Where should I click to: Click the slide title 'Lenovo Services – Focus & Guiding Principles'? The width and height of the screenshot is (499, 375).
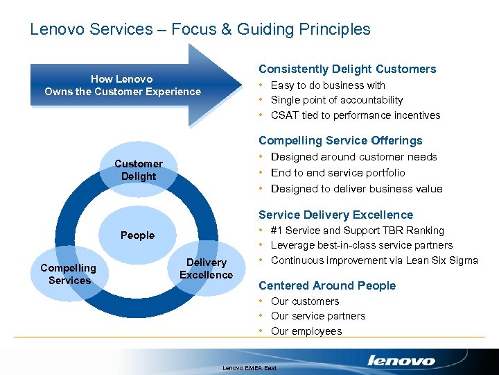coord(200,29)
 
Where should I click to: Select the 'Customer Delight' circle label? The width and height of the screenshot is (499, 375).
coord(139,170)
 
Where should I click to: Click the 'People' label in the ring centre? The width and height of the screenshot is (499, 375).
coord(137,235)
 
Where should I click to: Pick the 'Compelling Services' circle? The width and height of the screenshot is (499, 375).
coord(69,274)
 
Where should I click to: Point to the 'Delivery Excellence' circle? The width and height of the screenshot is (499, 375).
coord(206,268)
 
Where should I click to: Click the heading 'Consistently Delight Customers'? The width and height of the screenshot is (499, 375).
coord(347,69)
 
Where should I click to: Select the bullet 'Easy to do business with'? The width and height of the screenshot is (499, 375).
coord(328,85)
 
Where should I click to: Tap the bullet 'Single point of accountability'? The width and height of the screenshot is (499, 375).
coord(337,100)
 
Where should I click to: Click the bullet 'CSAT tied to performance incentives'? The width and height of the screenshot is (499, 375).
coord(356,115)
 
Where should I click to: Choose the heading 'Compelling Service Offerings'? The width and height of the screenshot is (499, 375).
coord(340,140)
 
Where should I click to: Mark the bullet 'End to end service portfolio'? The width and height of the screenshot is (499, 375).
coord(338,172)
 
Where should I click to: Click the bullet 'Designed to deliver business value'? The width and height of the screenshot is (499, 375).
coord(356,188)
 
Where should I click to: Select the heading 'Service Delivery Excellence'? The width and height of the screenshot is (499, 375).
coord(335,215)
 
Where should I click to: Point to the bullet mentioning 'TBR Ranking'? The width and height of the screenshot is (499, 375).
coord(358,231)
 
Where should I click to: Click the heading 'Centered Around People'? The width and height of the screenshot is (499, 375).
coord(327,285)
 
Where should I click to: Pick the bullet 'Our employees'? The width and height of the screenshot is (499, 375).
coord(306,331)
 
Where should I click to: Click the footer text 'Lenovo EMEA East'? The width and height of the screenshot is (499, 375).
coord(249,367)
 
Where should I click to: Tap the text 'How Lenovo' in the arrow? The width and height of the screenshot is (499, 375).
coord(122,78)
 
